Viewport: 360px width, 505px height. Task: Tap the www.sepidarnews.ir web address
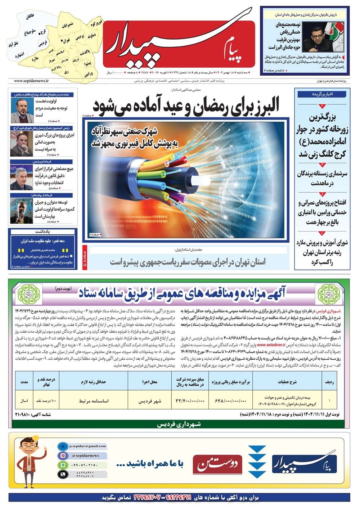(31, 81)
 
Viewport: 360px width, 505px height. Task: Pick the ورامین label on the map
(89, 74)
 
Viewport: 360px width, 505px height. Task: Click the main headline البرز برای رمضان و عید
(186, 106)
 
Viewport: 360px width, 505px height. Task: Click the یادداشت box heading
(42, 231)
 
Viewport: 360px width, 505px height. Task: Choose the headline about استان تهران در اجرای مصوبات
(188, 262)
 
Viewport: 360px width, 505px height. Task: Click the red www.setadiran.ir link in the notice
(271, 345)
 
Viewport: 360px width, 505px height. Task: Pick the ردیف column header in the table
(329, 382)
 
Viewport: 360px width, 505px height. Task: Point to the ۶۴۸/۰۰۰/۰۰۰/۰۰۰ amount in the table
(230, 401)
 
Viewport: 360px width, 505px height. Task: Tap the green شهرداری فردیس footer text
(179, 424)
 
